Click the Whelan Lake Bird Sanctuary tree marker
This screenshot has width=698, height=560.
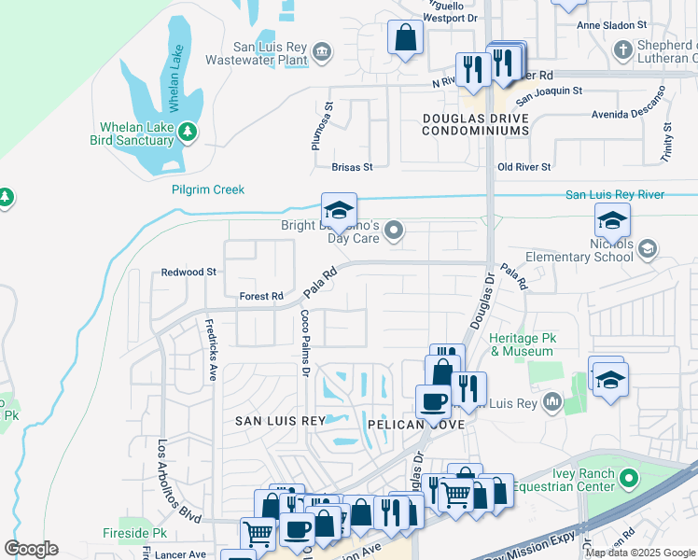pyautogui.click(x=188, y=133)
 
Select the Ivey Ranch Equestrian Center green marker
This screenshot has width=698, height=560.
pyautogui.click(x=628, y=480)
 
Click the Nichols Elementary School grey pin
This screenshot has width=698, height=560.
pyautogui.click(x=648, y=247)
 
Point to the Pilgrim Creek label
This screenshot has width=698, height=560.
pyautogui.click(x=208, y=189)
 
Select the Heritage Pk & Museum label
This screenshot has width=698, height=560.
pyautogui.click(x=522, y=344)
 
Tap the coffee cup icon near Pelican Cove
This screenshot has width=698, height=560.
pyautogui.click(x=432, y=401)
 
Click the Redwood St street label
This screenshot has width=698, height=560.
pyautogui.click(x=188, y=273)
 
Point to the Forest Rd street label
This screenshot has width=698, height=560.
pyautogui.click(x=261, y=297)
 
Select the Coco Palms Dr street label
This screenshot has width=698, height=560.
pyautogui.click(x=304, y=343)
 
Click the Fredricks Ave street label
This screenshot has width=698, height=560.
pyautogui.click(x=211, y=347)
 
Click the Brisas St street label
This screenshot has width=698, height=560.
pyautogui.click(x=352, y=167)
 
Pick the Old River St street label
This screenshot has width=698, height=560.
pyautogui.click(x=524, y=167)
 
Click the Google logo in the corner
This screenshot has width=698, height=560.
pyautogui.click(x=32, y=549)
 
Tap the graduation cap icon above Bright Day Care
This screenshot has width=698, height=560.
pyautogui.click(x=340, y=208)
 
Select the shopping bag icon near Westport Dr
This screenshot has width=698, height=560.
pyautogui.click(x=405, y=38)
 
